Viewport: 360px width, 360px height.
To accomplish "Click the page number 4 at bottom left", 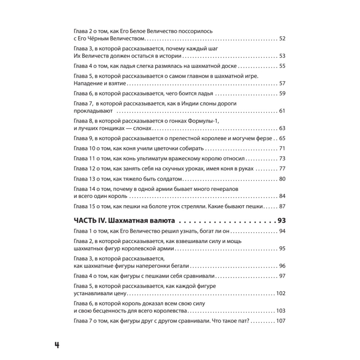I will pyautogui.click(x=57, y=345).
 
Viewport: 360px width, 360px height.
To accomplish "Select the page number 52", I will pyautogui.click(x=282, y=38).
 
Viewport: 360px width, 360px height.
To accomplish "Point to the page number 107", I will pyautogui.click(x=280, y=321).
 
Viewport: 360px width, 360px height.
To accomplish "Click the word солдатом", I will pyautogui.click(x=170, y=179).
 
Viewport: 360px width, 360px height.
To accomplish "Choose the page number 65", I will pyautogui.click(x=282, y=138).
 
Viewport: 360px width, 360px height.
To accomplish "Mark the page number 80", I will pyautogui.click(x=282, y=179).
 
